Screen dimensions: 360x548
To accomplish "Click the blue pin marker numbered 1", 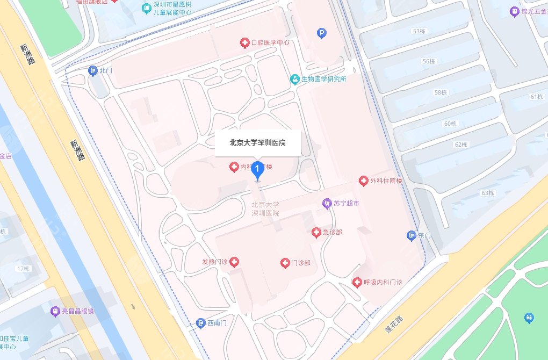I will [258, 170].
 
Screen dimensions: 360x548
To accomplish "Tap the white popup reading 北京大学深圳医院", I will [257, 143].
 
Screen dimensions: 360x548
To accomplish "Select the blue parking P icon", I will [322, 33].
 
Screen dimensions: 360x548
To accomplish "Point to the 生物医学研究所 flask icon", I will [294, 79].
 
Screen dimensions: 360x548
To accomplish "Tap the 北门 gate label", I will [105, 70].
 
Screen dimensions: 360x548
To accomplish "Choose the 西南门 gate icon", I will [200, 323].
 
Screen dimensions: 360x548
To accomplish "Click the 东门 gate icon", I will [412, 235].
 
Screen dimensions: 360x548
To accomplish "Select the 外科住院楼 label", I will [386, 181].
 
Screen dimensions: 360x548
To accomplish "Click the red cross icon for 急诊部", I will [316, 232].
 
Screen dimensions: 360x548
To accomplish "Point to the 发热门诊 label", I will [214, 262].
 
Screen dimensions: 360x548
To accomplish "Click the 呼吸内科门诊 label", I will [383, 282].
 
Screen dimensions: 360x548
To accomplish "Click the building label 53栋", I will [418, 31].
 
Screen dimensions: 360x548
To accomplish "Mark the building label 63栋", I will [488, 193].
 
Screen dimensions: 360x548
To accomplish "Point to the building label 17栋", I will [23, 268].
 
